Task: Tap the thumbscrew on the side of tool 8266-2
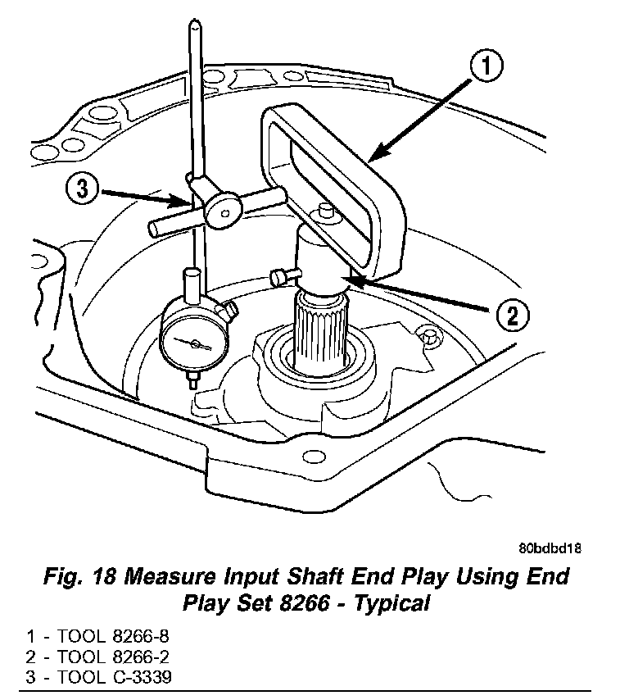280,275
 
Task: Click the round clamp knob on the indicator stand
223,208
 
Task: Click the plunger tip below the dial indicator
194,380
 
